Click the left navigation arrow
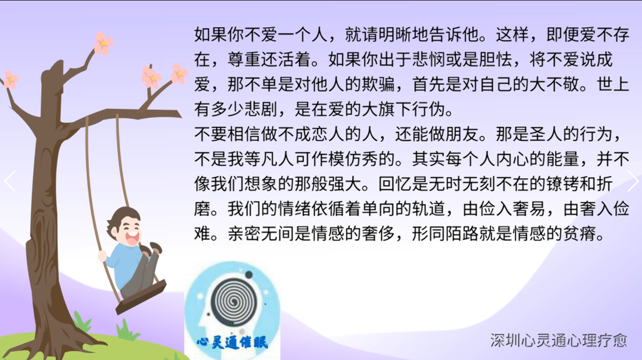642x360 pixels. tap(10, 181)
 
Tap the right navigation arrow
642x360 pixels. tap(633, 181)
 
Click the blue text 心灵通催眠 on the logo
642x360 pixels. tap(232, 342)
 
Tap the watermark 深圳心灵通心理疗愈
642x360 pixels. tap(558, 340)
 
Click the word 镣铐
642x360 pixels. tap(563, 185)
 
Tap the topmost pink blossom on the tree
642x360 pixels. tap(103, 44)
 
